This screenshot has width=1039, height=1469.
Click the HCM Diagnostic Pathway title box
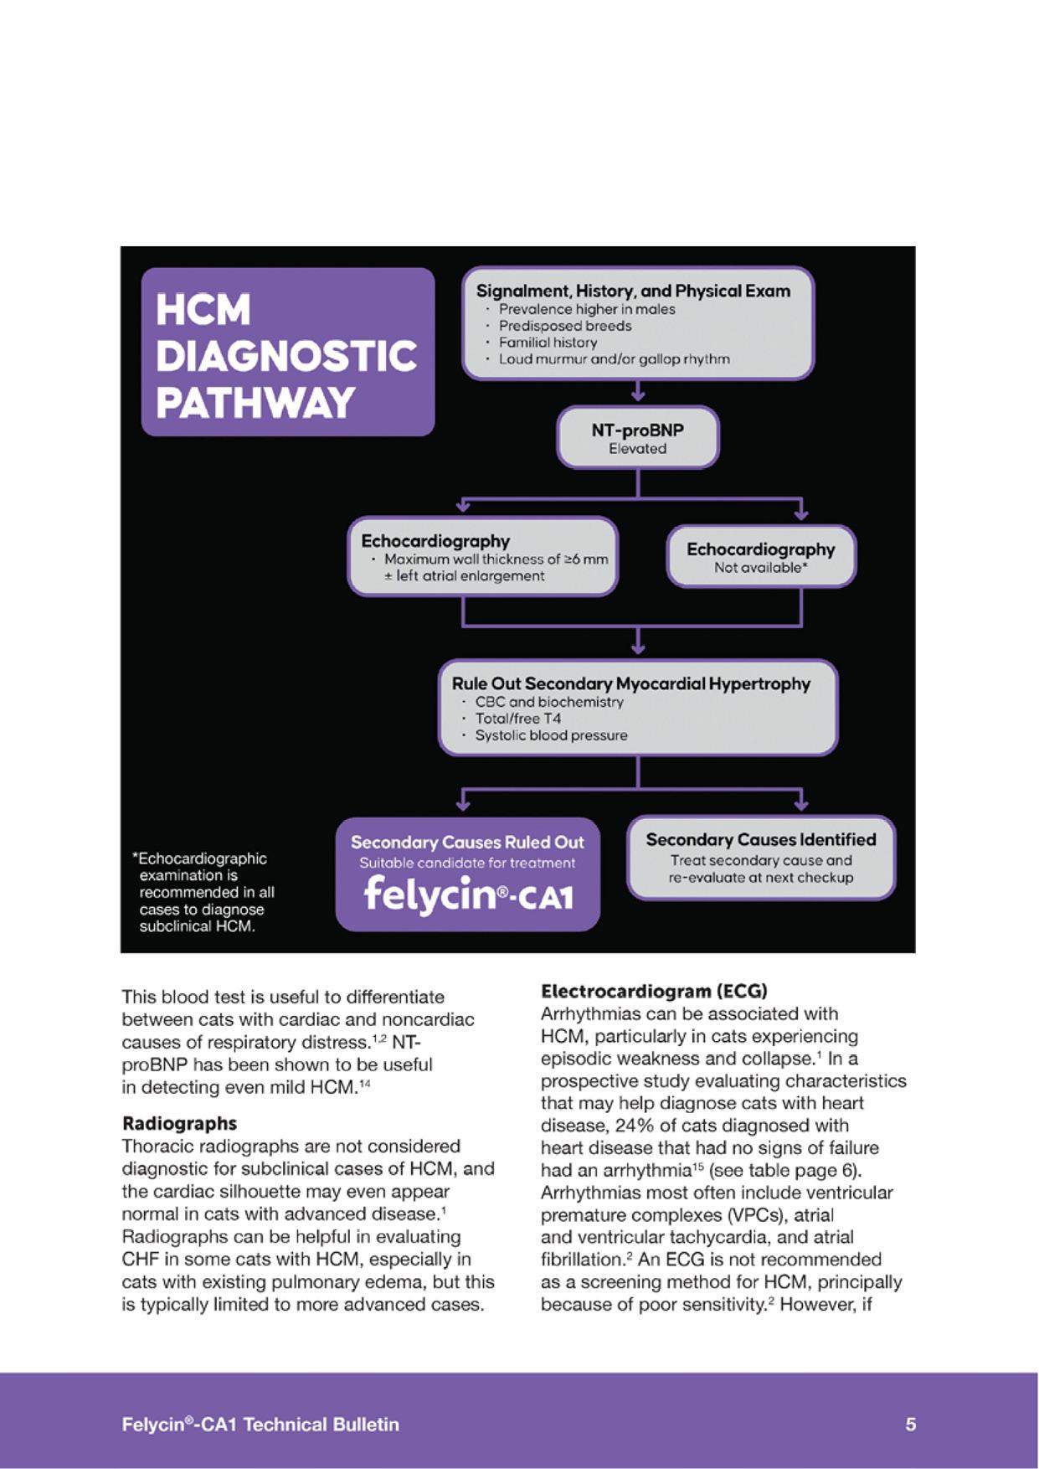coord(287,353)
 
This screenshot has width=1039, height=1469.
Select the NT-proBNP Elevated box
coord(637,438)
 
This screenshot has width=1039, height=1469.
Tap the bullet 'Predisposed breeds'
coord(564,326)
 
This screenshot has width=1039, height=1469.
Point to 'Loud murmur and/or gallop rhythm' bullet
coord(614,359)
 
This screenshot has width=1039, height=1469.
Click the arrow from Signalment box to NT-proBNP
coord(638,391)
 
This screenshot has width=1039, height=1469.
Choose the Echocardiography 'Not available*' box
coord(760,557)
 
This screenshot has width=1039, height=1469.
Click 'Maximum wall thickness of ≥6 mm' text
coord(496,559)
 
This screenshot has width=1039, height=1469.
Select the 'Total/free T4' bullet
coord(517,719)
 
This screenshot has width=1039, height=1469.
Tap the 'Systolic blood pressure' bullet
coord(551,735)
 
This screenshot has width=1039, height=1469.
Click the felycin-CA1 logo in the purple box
coord(468,894)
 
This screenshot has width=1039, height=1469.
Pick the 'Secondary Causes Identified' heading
coord(760,839)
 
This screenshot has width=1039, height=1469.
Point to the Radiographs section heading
coord(179,1123)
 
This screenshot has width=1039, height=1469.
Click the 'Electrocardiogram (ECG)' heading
coord(654,992)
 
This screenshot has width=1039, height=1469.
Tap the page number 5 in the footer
coord(911,1424)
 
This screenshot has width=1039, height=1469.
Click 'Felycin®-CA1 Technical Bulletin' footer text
coord(260,1424)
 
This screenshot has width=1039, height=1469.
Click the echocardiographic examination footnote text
coord(203,892)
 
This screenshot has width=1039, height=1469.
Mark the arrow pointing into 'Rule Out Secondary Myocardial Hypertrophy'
coord(638,642)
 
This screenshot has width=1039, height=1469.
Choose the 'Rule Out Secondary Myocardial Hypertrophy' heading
coord(630,683)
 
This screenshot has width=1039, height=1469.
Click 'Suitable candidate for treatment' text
coord(467,863)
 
